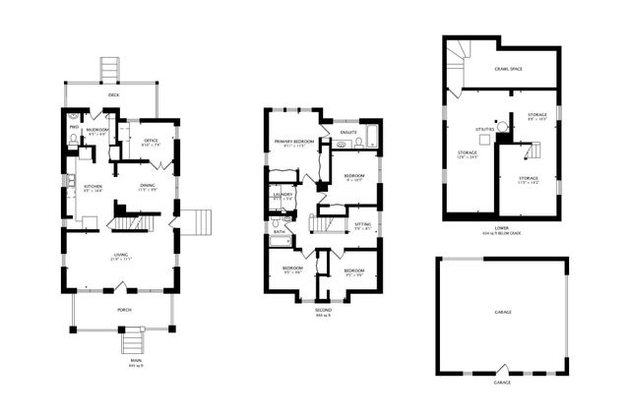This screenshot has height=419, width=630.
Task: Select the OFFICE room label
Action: (x=150, y=141)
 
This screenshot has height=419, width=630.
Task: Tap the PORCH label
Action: (x=124, y=309)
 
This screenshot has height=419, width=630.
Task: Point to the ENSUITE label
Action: (x=347, y=132)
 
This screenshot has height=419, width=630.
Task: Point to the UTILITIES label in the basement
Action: (x=485, y=129)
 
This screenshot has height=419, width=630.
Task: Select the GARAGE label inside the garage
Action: (x=502, y=312)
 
